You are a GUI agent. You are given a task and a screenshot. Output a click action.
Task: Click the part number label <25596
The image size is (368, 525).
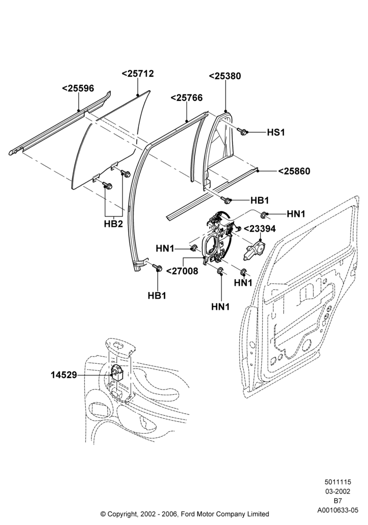[x=78, y=88]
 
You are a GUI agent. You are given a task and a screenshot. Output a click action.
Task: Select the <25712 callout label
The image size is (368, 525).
[x=138, y=73]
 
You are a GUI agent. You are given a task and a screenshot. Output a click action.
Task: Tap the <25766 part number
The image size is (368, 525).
[x=187, y=98]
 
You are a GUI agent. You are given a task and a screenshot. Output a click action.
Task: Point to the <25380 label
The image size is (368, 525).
[x=225, y=76]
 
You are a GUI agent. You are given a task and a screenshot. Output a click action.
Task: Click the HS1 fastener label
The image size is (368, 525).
[x=276, y=133]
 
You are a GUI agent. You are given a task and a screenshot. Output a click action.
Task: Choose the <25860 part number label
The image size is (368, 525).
[x=294, y=171]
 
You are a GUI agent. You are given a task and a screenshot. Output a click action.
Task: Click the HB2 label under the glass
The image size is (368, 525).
[x=113, y=224]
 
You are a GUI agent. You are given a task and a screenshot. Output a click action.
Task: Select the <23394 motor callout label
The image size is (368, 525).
[x=260, y=229]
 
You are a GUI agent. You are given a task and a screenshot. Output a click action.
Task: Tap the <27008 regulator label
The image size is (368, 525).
[x=182, y=271]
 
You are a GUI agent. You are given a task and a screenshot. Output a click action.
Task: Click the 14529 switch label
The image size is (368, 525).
[x=64, y=375]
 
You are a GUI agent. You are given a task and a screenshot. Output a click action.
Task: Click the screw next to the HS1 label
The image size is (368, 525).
[x=242, y=131]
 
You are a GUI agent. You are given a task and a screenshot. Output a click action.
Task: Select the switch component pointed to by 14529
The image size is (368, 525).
[x=117, y=372]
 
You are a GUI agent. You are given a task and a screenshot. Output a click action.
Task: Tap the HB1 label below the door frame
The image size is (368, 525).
[x=157, y=296]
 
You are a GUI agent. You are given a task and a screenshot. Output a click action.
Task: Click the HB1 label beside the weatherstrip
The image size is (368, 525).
[x=260, y=201]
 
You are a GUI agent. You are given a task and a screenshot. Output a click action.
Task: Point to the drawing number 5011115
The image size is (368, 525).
[x=338, y=482]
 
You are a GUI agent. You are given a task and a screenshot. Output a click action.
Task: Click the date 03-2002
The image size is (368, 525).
[x=338, y=491]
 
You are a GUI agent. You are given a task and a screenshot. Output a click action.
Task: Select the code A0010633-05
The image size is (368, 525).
[x=338, y=510]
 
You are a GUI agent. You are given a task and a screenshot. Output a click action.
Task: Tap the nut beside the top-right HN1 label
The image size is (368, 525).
[x=264, y=214]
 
